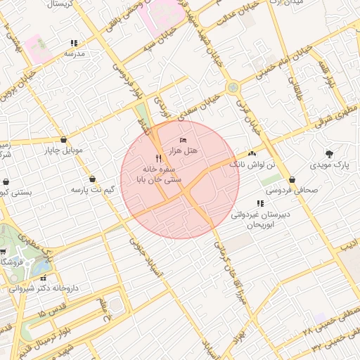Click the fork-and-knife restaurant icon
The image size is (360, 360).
(x=158, y=159)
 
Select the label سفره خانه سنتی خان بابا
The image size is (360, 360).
(x=162, y=174)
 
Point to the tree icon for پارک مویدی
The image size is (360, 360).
(x=329, y=154)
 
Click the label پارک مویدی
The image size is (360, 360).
(x=330, y=165)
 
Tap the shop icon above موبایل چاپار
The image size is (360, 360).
(x=65, y=139)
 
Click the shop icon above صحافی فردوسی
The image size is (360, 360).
(x=292, y=179)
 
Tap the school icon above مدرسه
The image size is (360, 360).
(x=75, y=43)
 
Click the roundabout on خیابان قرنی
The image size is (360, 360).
(x=232, y=88)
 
